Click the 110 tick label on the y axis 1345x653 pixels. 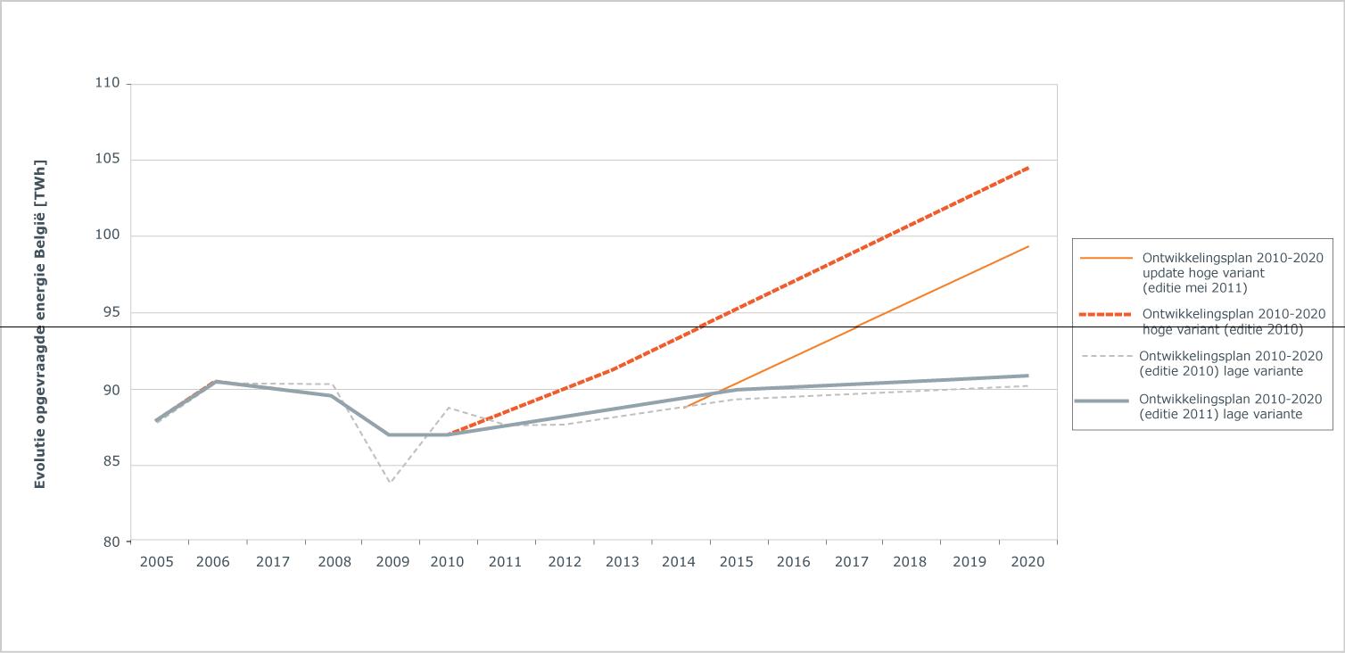(108, 82)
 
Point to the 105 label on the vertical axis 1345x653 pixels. (108, 159)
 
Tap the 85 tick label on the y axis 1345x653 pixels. (111, 461)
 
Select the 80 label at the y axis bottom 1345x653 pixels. (111, 541)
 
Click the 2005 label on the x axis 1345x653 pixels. (157, 562)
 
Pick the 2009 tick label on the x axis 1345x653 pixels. (392, 562)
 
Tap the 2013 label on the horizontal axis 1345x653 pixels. (622, 562)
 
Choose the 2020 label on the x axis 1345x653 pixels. (1028, 562)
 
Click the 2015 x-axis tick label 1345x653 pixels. (737, 562)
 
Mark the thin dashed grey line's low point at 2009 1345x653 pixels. (391, 483)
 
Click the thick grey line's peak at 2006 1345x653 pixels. (216, 382)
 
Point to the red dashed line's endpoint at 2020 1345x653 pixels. (1028, 169)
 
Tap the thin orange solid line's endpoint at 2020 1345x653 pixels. (1028, 246)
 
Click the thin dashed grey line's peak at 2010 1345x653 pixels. (449, 408)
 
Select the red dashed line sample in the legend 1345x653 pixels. (1105, 314)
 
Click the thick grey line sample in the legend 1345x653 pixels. (1102, 401)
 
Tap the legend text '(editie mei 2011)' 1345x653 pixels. (1195, 288)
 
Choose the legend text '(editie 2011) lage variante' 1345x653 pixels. (1221, 414)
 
